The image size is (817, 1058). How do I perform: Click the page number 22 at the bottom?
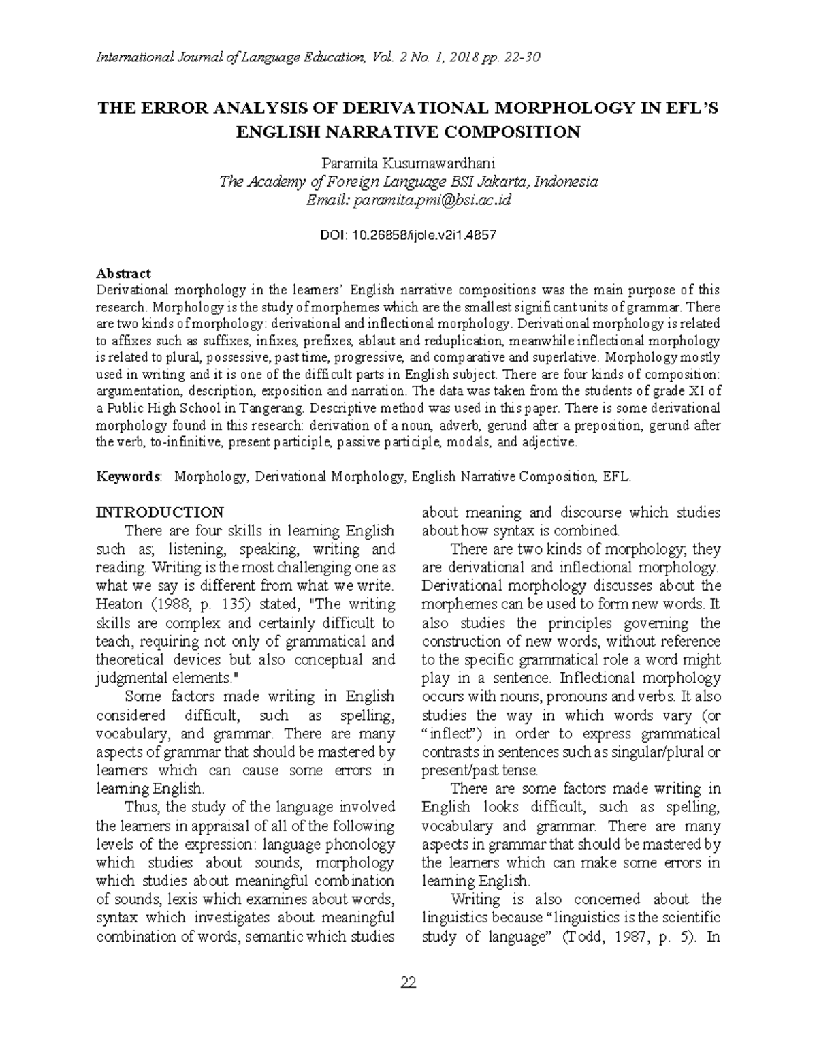408,982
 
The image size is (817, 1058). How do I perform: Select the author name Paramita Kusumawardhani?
408,164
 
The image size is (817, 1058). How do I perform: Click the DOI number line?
408,235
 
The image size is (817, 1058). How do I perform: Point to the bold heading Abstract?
123,273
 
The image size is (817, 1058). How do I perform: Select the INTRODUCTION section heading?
160,512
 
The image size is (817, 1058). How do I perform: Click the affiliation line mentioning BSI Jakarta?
408,182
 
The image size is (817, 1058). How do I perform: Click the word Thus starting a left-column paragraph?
141,807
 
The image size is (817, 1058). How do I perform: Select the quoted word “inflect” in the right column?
453,734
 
